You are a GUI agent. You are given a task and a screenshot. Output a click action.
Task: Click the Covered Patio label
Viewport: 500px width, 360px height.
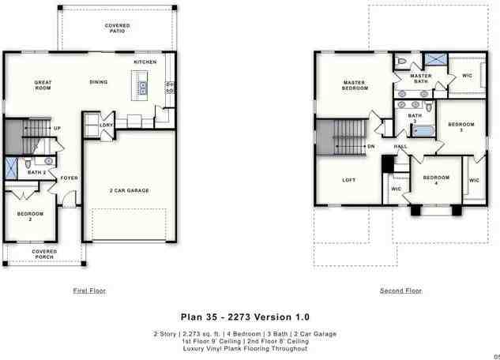coord(118,28)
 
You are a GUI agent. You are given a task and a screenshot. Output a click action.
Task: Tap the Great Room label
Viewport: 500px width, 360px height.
coord(43,84)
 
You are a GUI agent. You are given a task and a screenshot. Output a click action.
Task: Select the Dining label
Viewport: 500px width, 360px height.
coord(99,81)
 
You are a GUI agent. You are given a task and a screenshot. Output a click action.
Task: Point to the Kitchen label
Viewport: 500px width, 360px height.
coord(145,62)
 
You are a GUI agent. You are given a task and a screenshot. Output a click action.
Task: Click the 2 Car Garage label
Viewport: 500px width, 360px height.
coord(129,190)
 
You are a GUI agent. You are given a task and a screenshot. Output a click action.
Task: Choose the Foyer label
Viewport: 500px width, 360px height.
coord(70,178)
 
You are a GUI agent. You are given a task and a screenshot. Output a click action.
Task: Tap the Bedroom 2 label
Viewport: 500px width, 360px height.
coord(31,216)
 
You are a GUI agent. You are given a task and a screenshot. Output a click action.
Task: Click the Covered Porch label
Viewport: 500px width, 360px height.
coord(44,254)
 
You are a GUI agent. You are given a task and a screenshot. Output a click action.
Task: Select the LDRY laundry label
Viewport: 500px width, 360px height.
coord(106,125)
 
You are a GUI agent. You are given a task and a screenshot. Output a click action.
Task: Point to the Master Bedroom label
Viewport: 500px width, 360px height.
coord(355,85)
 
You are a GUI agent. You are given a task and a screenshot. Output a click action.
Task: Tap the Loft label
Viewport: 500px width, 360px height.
coord(348,180)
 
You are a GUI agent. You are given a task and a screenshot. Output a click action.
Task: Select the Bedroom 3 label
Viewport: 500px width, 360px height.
coord(461,127)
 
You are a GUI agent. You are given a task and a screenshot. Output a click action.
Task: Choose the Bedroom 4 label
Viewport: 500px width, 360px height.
coord(436,180)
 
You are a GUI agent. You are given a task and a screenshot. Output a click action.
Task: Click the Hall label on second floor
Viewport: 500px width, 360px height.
coord(400,147)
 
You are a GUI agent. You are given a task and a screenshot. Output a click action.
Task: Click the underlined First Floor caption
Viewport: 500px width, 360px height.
coord(89,291)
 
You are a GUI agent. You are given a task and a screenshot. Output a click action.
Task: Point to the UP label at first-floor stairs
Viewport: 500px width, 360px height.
coord(57,129)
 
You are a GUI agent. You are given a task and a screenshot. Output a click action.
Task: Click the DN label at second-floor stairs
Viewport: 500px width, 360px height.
coord(370,146)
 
